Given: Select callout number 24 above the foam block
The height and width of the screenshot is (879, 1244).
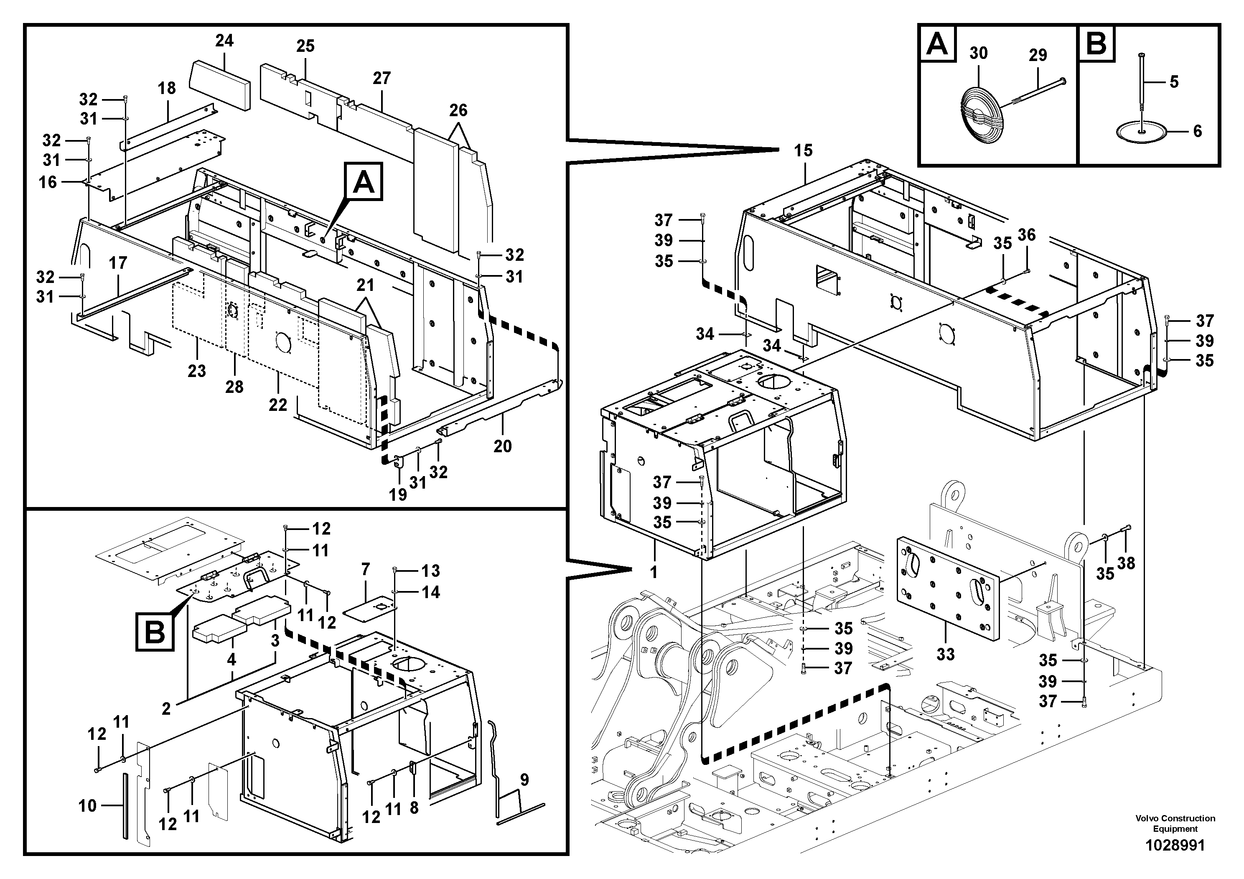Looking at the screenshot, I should [x=224, y=41].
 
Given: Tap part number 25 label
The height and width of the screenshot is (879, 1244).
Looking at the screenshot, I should [x=305, y=46].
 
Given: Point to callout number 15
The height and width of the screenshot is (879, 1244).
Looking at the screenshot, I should [x=803, y=150].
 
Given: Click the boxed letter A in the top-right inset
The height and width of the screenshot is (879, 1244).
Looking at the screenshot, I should [x=937, y=43].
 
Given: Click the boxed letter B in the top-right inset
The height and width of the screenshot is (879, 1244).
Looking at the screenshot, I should [x=1096, y=43].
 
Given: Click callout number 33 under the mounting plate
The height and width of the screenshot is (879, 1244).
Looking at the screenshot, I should [x=946, y=654].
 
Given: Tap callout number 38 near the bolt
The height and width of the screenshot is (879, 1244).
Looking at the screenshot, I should [x=1126, y=563].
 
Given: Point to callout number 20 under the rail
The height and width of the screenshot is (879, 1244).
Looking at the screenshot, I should [x=502, y=446].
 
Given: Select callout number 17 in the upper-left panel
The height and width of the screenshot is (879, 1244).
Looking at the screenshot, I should [x=117, y=263].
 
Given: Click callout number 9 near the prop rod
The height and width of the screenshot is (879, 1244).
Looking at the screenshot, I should [x=524, y=780].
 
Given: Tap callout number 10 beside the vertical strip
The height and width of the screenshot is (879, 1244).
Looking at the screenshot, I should [x=87, y=806].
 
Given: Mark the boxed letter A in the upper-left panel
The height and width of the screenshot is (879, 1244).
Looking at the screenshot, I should [x=363, y=182].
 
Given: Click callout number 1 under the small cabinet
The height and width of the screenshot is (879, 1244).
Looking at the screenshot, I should [x=654, y=572].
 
